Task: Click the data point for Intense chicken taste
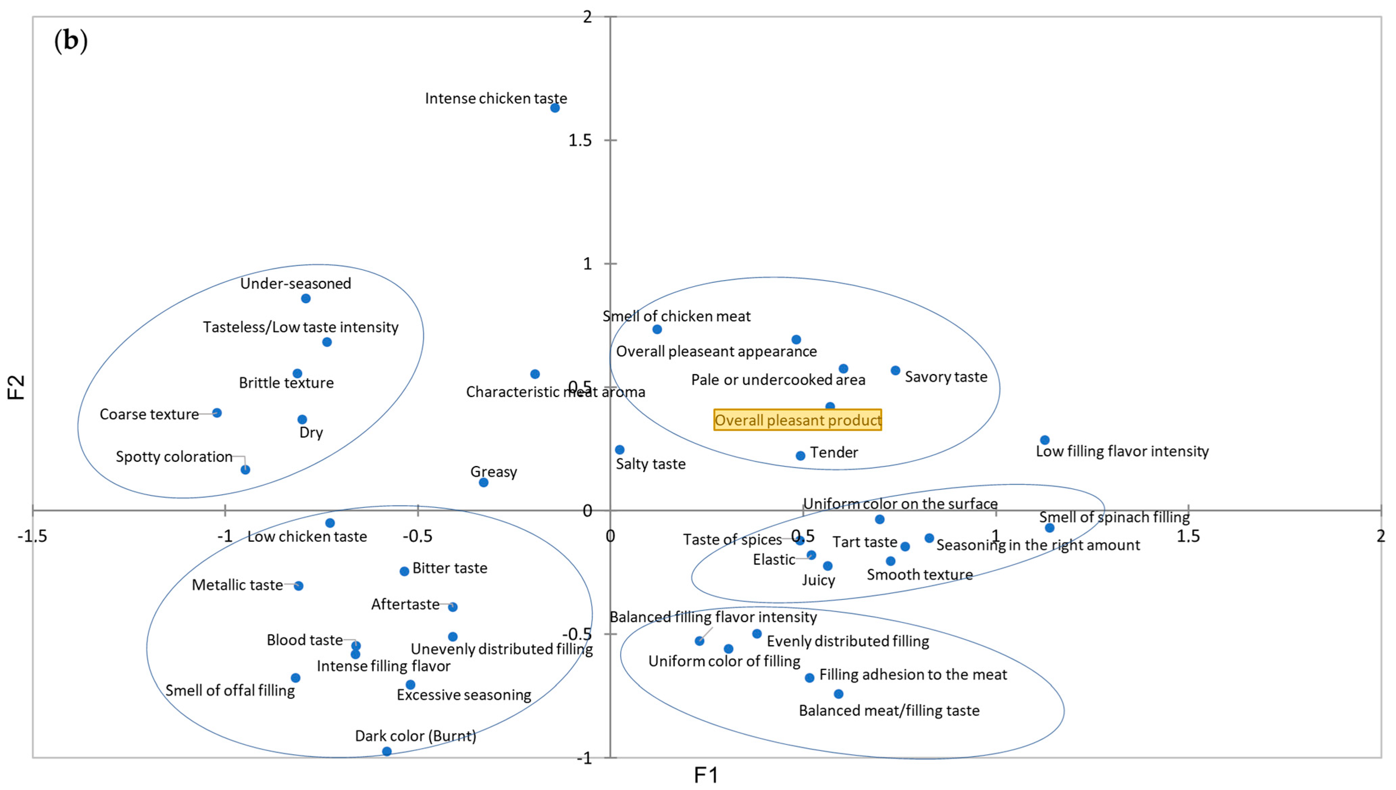click(x=555, y=108)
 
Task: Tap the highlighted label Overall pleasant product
click(x=797, y=420)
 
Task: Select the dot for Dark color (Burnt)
click(x=387, y=751)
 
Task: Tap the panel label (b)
click(x=71, y=41)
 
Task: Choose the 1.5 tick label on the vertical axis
click(x=580, y=141)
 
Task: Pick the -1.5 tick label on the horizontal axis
click(x=32, y=537)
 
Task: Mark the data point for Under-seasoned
click(x=306, y=298)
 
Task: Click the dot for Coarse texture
click(x=217, y=413)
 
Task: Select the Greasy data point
click(x=483, y=483)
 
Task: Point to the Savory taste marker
click(x=896, y=371)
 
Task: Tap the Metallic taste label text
click(x=237, y=585)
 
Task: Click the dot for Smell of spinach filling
click(x=1050, y=528)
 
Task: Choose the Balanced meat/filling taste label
click(x=889, y=711)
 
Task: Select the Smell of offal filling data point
click(x=295, y=678)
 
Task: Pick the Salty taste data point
click(x=620, y=450)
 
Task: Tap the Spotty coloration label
click(x=174, y=457)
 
